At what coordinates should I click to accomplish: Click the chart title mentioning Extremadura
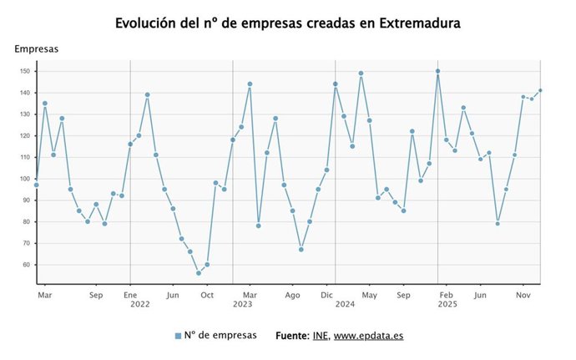point(287,23)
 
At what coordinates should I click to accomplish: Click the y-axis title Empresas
point(36,49)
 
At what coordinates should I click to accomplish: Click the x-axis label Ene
point(130,295)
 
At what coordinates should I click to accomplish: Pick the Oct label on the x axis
point(207,295)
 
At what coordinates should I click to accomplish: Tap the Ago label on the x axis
point(292,295)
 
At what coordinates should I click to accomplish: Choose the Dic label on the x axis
point(327,295)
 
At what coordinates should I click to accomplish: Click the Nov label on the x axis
point(523,295)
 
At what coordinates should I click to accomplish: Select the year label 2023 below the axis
point(242,306)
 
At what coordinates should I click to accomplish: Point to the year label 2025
point(446,306)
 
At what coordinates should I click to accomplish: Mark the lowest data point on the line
point(199,273)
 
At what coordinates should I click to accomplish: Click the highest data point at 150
point(437,71)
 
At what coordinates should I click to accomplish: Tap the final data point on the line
point(540,90)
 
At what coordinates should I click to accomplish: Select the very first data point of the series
point(36,185)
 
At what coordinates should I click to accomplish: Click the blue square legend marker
point(177,336)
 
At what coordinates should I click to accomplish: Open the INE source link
point(321,336)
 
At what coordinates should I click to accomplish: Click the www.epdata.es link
point(369,336)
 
